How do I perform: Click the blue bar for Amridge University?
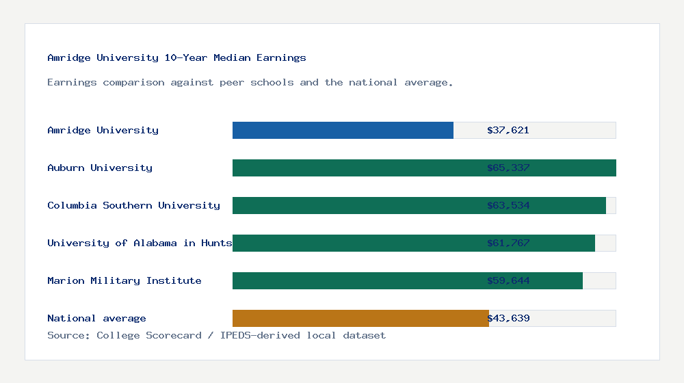(x=343, y=130)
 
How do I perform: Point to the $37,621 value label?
(x=508, y=130)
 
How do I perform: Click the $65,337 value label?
(x=508, y=168)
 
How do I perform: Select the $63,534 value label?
(x=508, y=205)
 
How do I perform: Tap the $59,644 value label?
(x=508, y=280)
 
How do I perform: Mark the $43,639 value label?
(x=508, y=318)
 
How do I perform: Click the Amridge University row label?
(x=103, y=130)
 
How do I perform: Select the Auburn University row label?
(x=100, y=168)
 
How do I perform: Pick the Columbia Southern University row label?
(x=133, y=205)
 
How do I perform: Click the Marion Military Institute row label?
(x=124, y=280)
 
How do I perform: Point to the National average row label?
(x=96, y=318)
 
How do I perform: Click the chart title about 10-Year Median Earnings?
(x=176, y=58)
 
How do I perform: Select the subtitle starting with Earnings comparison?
(x=250, y=83)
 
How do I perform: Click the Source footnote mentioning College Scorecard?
(x=216, y=335)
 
